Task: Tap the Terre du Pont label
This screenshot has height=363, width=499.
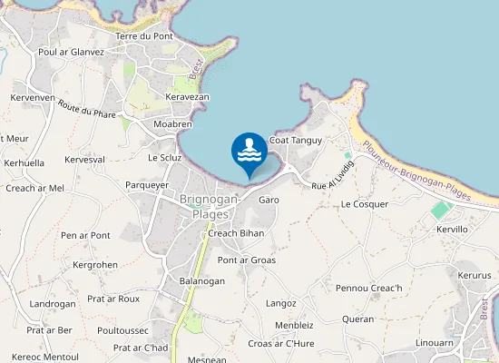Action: tap(151, 36)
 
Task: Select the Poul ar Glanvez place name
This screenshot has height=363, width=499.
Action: tap(71, 52)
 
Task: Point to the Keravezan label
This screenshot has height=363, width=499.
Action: tap(188, 96)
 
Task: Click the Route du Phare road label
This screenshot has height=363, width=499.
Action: tap(87, 112)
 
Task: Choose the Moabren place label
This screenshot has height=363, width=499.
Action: tap(172, 123)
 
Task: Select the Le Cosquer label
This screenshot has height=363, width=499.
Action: tap(365, 204)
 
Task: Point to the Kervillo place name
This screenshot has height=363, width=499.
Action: tap(452, 230)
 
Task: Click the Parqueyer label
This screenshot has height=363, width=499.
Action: tap(147, 184)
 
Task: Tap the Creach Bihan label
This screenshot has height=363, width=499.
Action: tap(236, 233)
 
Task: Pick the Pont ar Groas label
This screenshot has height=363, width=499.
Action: tap(247, 260)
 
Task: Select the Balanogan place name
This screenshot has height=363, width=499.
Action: tap(201, 281)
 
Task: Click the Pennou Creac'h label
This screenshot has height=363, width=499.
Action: tap(368, 289)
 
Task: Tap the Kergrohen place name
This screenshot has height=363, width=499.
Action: tap(95, 265)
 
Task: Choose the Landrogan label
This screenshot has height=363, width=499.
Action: tap(53, 304)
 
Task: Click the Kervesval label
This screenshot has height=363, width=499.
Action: tap(85, 160)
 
